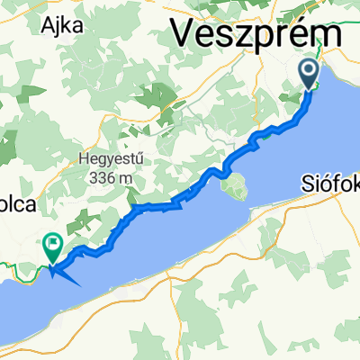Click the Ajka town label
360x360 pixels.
[61, 24]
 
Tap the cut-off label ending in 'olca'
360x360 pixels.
[17, 204]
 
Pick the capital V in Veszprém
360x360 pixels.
[184, 35]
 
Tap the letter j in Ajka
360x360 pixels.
[58, 26]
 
